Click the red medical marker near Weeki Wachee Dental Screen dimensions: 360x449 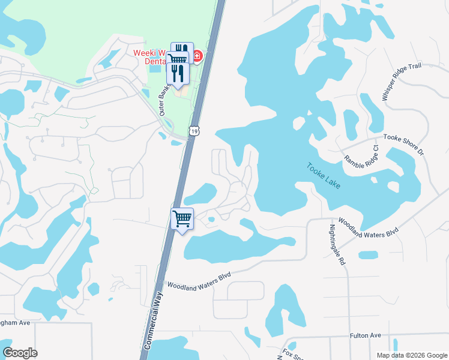[196, 57]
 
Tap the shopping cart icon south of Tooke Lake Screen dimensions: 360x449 [182, 218]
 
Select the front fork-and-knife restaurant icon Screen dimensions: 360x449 [178, 73]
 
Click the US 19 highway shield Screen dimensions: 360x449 [193, 130]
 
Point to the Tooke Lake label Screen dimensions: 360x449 [324, 176]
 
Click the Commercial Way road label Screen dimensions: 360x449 [154, 321]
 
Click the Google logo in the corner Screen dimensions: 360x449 [20, 353]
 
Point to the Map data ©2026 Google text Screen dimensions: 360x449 [411, 355]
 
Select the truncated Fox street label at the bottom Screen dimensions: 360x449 [289, 353]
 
